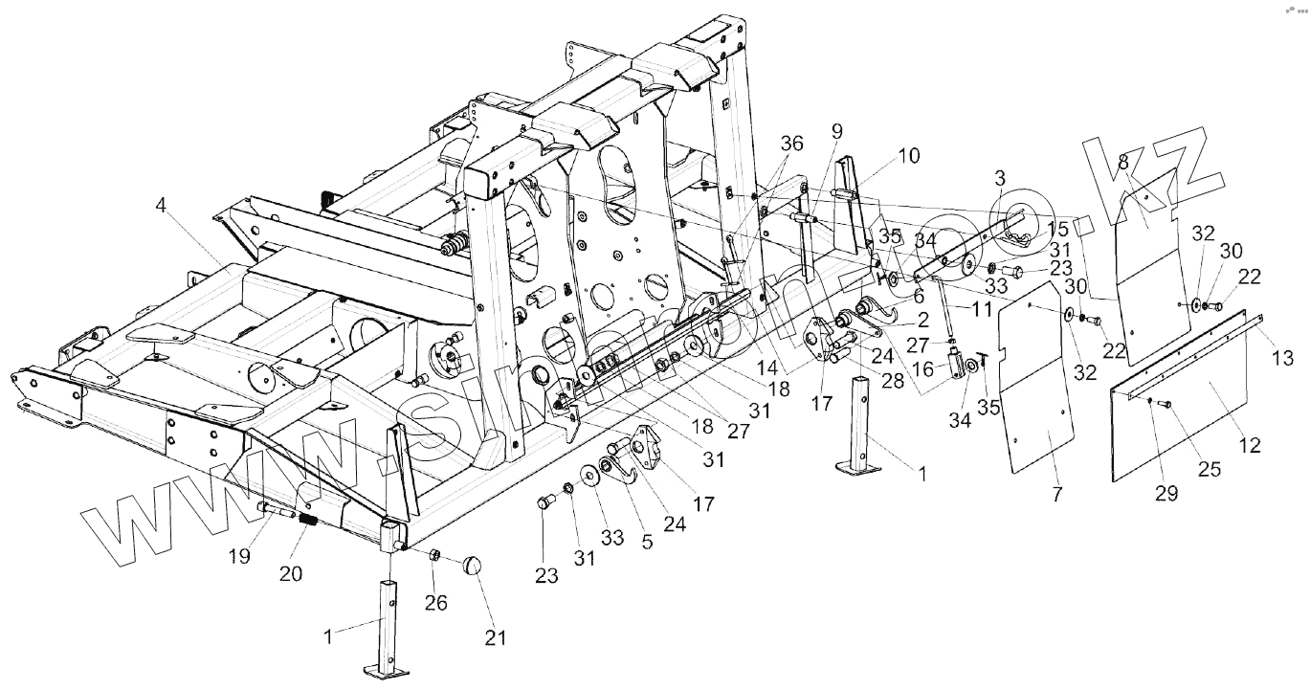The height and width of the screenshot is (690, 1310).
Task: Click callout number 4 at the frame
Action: tap(159, 206)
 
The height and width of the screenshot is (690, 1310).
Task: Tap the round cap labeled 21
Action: tap(472, 565)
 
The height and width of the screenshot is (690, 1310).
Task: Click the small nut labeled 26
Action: tap(433, 554)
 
